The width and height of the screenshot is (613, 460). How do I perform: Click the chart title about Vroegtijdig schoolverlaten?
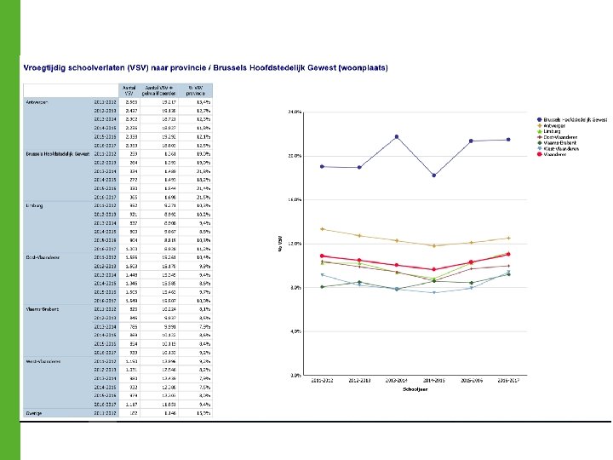coord(204,67)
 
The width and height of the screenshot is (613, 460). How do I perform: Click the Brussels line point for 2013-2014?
coord(397,136)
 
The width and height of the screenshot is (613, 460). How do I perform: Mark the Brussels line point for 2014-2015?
coord(434,175)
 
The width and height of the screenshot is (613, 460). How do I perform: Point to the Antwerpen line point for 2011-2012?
coord(322,228)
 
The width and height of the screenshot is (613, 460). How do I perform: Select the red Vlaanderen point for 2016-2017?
coord(508,254)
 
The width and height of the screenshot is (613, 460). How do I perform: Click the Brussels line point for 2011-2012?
coord(322,166)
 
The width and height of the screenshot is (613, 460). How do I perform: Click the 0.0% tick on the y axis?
coord(295,375)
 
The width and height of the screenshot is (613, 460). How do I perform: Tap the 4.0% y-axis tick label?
coord(295,331)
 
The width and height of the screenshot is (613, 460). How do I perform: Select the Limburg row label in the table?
coord(35,205)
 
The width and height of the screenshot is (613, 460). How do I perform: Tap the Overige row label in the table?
coord(35,413)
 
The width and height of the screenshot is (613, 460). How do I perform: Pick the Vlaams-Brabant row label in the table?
coord(42,309)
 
